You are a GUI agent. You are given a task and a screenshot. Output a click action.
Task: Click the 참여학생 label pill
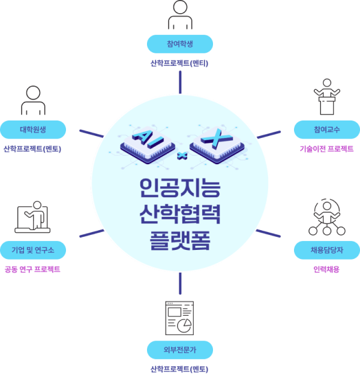[x=180, y=44]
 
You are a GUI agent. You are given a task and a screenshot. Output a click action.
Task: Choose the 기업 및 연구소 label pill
[x=33, y=249]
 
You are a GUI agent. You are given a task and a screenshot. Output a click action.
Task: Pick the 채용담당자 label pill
[x=327, y=249]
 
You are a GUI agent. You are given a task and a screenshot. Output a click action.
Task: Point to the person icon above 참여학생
[x=180, y=16]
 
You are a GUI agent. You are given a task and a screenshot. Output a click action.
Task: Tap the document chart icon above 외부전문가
[x=180, y=318]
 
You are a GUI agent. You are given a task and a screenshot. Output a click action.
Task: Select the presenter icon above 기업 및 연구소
[x=33, y=218]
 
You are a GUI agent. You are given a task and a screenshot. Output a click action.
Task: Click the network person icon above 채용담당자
[x=327, y=218]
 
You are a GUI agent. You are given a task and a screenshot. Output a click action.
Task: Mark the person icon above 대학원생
[x=33, y=101]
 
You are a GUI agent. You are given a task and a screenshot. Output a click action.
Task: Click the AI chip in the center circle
[x=145, y=143]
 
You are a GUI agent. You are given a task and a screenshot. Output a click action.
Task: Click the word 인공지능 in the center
[x=180, y=189]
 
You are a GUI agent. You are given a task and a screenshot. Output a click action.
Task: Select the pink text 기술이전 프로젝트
[x=327, y=149]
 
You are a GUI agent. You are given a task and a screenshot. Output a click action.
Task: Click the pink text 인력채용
[x=327, y=269]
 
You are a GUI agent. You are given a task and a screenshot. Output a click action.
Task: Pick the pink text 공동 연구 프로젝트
[x=32, y=269]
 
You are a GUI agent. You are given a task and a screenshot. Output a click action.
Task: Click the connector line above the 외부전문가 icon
[x=180, y=285]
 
